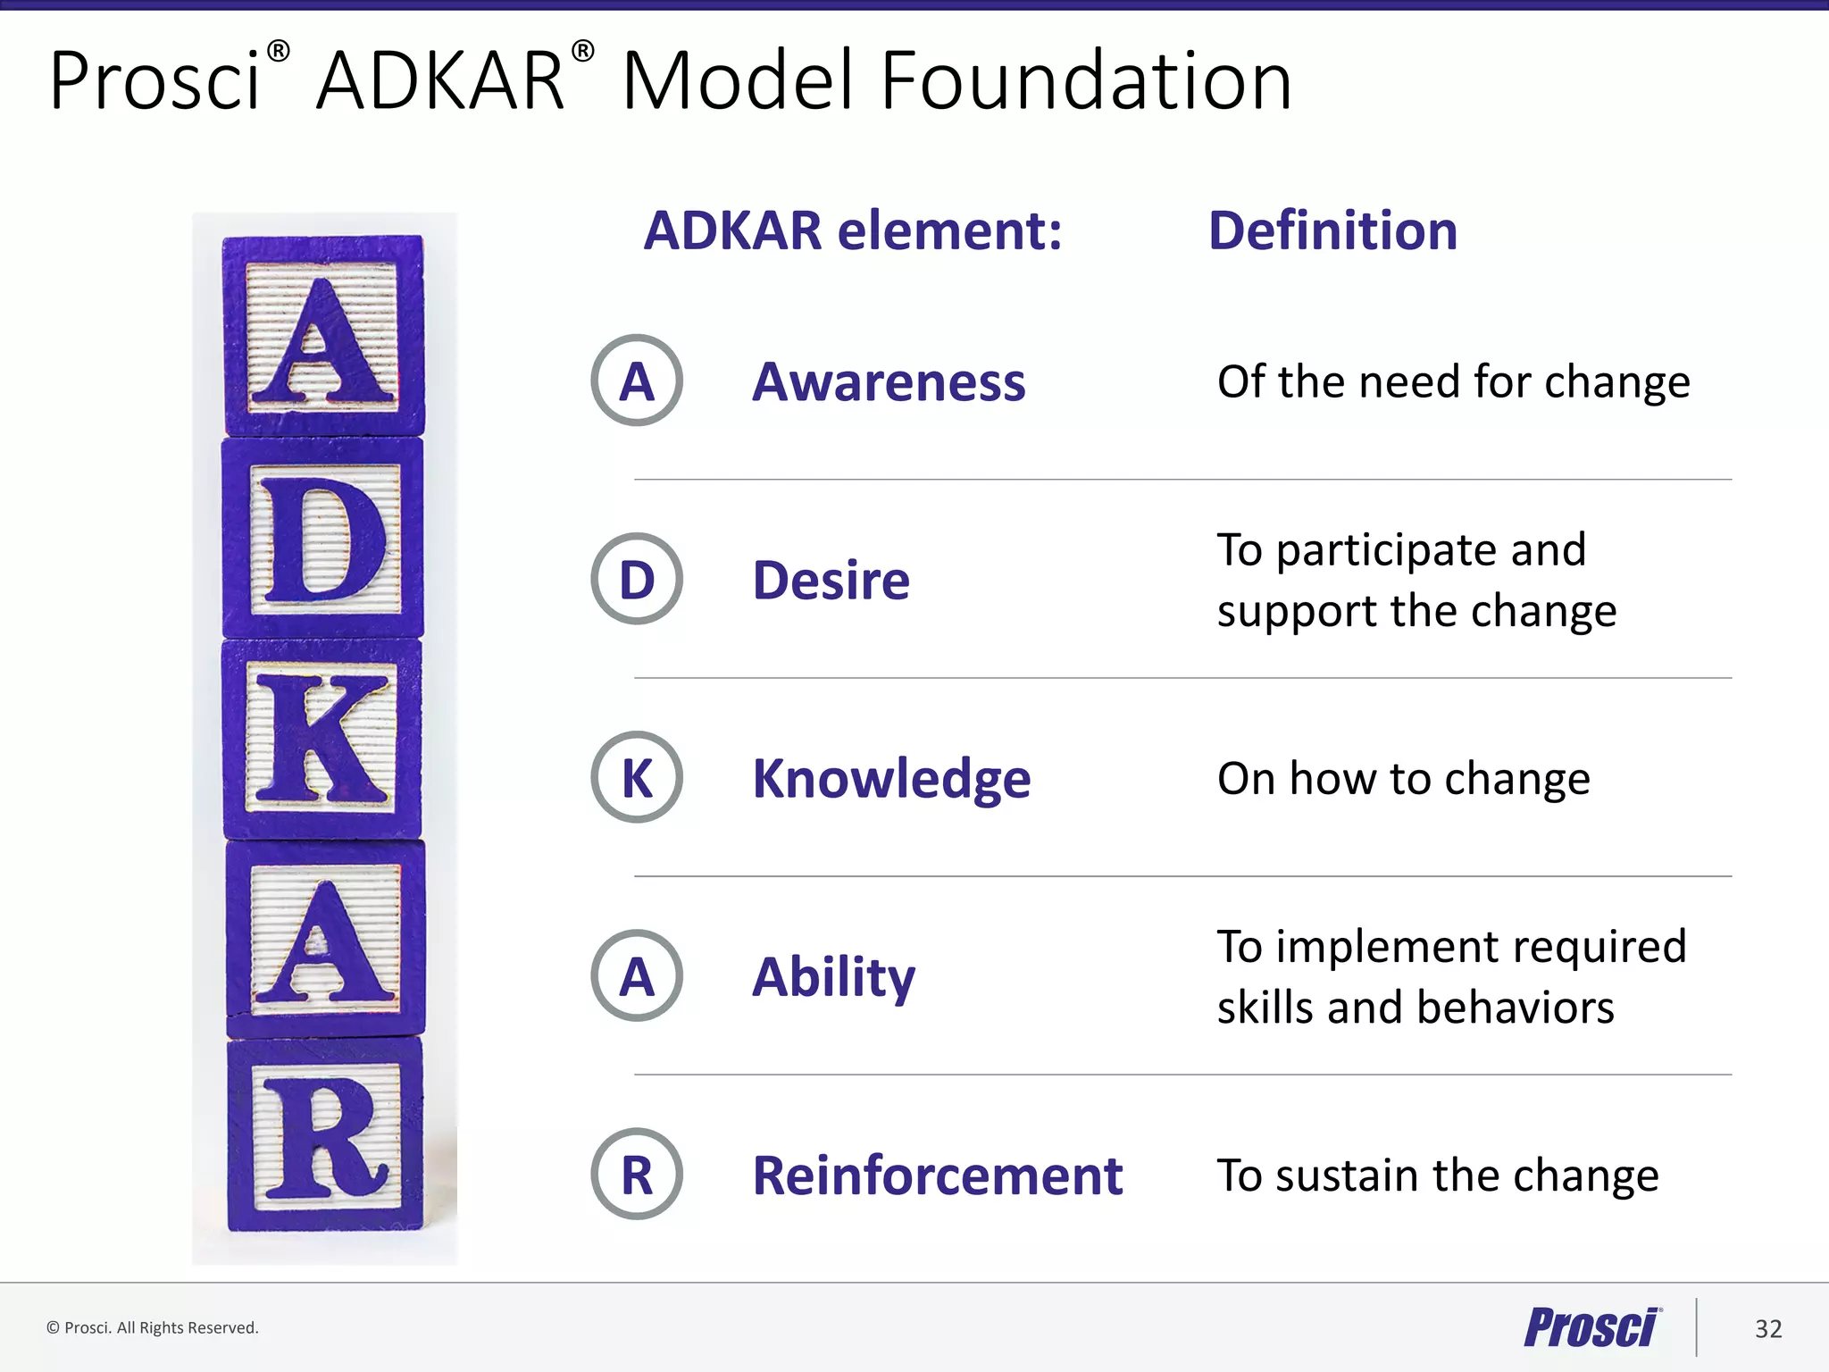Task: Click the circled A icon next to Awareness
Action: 637,381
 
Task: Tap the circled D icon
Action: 637,579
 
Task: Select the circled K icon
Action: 637,777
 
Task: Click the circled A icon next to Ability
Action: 637,975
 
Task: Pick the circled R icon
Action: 637,1174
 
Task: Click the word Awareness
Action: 889,382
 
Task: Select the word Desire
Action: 831,581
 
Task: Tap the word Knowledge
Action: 891,779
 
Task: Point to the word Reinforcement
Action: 937,1175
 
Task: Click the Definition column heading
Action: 1332,230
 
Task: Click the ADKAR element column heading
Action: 853,230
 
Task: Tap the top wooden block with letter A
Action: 323,337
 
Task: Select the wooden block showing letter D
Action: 323,538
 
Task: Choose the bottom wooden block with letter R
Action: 324,1134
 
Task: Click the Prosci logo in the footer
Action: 1591,1327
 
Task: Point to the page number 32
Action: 1767,1329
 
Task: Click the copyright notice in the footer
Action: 153,1328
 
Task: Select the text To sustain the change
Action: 1437,1175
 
